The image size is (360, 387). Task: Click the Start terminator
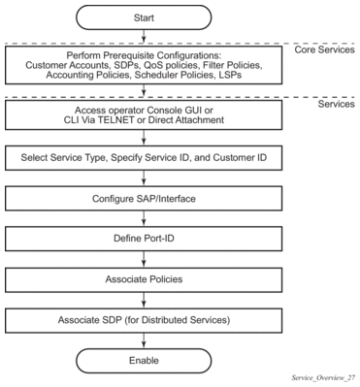[144, 17]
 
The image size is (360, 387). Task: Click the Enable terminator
[144, 361]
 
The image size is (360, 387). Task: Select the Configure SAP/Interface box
[144, 198]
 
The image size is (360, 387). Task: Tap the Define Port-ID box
[144, 239]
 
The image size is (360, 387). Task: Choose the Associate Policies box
[144, 279]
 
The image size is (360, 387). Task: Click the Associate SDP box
[144, 320]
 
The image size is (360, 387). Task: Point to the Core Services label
[324, 49]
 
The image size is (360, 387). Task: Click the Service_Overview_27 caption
[323, 377]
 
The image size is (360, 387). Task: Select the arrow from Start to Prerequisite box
[144, 36]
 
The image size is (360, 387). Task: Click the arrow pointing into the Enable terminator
[144, 340]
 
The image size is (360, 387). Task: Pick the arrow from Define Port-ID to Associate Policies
[144, 259]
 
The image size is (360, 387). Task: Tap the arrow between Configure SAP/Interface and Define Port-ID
[144, 218]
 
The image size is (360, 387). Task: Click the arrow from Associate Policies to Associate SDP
[144, 300]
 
